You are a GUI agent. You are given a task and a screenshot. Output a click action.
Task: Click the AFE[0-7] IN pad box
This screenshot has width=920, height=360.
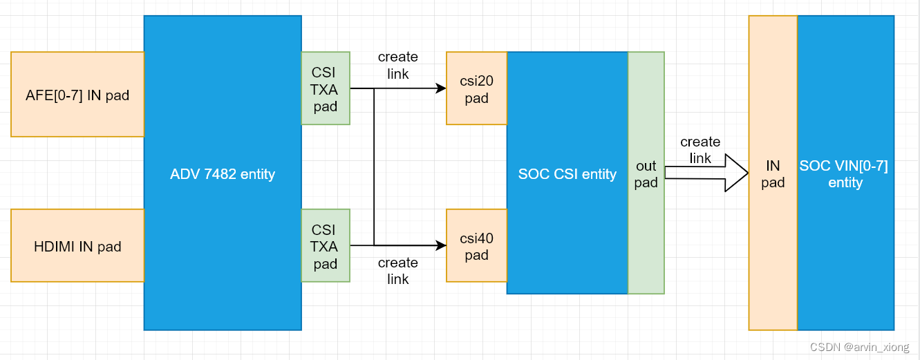[x=77, y=95]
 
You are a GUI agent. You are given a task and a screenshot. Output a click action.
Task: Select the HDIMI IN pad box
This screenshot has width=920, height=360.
[x=77, y=246]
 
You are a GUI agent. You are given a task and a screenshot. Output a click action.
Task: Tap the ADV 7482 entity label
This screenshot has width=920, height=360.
[x=223, y=174]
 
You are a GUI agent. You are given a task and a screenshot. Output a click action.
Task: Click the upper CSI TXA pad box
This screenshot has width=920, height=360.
[x=326, y=89]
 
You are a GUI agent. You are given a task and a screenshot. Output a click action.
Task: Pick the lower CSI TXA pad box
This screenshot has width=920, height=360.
[x=326, y=246]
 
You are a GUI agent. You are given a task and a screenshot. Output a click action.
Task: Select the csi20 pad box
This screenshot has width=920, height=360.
[x=476, y=89]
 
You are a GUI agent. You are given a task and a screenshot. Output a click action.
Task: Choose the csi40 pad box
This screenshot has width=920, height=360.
[x=476, y=246]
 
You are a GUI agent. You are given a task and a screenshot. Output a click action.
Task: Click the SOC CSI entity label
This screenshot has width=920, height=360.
[x=567, y=174]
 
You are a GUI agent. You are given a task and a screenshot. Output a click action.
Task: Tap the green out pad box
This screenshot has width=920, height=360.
[x=646, y=174]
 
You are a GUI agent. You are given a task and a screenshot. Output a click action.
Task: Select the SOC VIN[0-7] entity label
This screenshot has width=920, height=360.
[x=845, y=174]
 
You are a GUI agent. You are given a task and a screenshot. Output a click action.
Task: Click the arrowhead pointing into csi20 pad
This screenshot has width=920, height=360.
[x=440, y=88]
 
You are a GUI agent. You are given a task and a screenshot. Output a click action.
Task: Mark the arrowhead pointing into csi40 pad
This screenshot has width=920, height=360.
[x=440, y=245]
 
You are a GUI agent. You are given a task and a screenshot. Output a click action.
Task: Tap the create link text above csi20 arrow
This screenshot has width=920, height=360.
[x=397, y=65]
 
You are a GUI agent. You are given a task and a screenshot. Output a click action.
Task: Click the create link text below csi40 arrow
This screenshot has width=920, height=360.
[x=397, y=271]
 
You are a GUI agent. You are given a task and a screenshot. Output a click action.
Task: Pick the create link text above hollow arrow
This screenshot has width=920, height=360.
[x=700, y=150]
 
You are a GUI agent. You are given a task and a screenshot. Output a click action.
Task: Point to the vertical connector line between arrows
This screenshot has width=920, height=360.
[x=374, y=166]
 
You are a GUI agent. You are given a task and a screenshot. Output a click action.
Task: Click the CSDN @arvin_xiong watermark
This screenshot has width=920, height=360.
[x=859, y=348]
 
